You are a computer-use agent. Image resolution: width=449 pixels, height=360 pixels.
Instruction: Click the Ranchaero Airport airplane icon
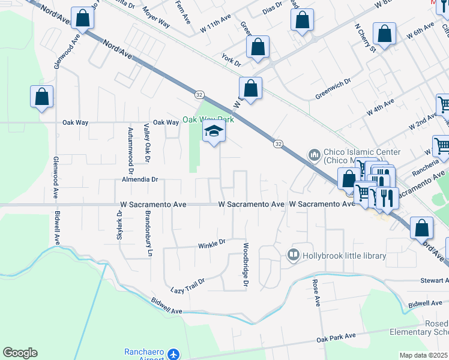pos(173,355)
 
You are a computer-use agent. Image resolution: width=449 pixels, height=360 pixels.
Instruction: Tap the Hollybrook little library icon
pos(293,256)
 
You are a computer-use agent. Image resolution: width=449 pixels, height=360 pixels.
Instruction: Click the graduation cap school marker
pos(213,133)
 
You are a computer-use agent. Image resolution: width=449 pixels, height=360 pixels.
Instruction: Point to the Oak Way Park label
pos(208,119)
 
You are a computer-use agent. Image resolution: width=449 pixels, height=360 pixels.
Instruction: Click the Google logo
pos(20,353)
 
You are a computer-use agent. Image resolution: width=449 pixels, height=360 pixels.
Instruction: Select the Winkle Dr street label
pos(211,243)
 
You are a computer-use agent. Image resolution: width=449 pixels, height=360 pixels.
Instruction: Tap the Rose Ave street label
pos(316,291)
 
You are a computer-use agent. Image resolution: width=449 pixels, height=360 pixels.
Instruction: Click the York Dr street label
pos(231,61)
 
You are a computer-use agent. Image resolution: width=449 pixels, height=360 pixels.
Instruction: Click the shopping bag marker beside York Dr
pos(258,49)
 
